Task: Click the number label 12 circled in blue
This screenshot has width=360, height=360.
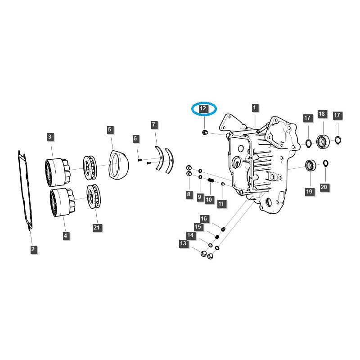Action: pyautogui.click(x=203, y=108)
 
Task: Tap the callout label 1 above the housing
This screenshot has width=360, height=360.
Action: pyautogui.click(x=255, y=108)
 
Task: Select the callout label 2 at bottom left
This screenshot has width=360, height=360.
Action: pyautogui.click(x=33, y=249)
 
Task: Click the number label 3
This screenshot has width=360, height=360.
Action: pyautogui.click(x=49, y=136)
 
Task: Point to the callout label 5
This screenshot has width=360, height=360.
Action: pyautogui.click(x=110, y=130)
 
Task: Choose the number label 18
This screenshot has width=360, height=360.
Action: pyautogui.click(x=322, y=114)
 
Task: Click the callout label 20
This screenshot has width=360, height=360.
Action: pyautogui.click(x=324, y=186)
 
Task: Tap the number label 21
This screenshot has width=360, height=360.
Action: pyautogui.click(x=96, y=228)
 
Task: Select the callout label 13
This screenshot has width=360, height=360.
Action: pyautogui.click(x=183, y=243)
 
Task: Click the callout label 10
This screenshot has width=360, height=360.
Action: pyautogui.click(x=208, y=199)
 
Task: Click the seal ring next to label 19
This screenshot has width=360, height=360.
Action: pyautogui.click(x=310, y=166)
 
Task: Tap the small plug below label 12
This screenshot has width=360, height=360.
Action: pyautogui.click(x=204, y=132)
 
